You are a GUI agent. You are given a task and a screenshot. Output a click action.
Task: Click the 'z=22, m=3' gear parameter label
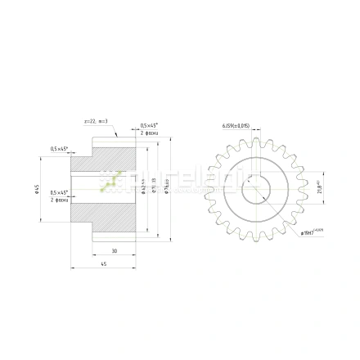[96, 120]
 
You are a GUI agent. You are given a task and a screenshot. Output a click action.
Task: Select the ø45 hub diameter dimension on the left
[37, 189]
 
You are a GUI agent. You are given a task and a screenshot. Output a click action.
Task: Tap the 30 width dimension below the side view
[114, 250]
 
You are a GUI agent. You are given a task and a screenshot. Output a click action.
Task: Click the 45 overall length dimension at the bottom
[103, 263]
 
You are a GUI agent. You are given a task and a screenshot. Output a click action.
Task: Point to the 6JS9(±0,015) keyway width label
[236, 126]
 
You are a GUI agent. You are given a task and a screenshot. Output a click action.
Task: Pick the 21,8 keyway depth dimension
[320, 187]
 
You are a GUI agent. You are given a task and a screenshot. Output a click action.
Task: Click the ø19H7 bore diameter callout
[312, 232]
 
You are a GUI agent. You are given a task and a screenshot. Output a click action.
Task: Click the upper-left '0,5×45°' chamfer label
[59, 148]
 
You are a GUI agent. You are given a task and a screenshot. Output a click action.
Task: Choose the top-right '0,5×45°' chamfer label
[149, 125]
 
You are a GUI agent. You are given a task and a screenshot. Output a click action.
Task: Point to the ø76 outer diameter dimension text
[166, 191]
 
